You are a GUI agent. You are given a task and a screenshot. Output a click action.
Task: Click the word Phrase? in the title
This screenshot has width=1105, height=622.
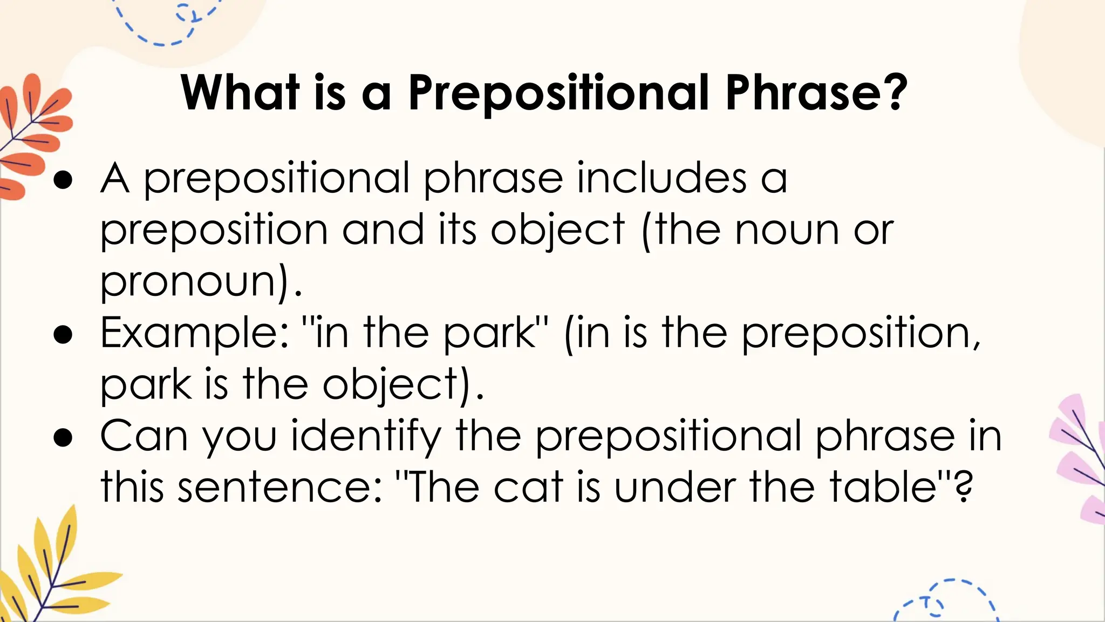(816, 93)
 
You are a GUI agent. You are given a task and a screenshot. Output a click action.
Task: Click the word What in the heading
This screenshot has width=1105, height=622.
(240, 93)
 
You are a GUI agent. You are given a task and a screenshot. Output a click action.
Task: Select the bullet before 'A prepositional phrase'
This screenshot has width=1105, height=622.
(63, 180)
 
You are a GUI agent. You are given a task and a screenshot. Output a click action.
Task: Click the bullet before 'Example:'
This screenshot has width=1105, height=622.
(63, 335)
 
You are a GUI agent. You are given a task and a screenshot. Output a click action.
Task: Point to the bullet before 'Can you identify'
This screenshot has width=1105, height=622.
(63, 438)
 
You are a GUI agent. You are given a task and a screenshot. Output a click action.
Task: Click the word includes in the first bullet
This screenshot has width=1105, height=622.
(662, 178)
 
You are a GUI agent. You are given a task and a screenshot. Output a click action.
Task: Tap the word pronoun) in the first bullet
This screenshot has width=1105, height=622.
(196, 282)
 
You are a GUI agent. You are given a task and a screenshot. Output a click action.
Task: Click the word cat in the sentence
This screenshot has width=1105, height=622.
(528, 488)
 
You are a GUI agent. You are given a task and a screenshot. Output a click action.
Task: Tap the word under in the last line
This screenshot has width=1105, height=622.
(674, 488)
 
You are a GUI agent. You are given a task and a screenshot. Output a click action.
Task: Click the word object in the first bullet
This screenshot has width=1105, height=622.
(557, 231)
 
